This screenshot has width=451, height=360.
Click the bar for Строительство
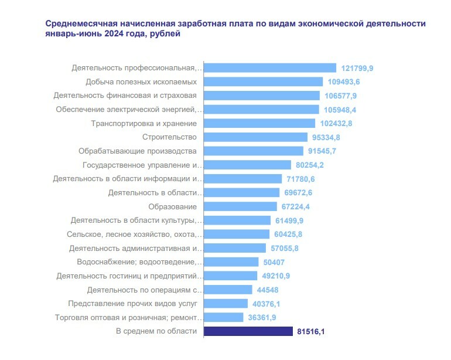coord(255,137)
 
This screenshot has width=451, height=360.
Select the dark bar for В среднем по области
coord(248,332)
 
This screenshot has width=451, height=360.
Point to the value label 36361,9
coord(264,318)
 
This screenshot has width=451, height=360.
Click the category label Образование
coord(173,206)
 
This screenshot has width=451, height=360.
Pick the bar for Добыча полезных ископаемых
coord(263,81)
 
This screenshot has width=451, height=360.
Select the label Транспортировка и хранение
coord(144,123)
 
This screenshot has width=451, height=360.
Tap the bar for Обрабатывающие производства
coord(253,151)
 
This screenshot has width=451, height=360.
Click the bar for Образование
coord(240,206)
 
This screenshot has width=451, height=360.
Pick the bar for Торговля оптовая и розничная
coord(223,318)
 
